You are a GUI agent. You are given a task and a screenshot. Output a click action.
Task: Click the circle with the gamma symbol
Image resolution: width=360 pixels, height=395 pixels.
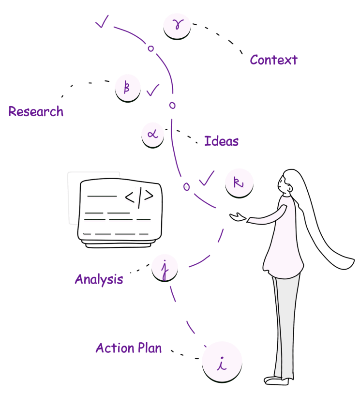pyautogui.click(x=177, y=26)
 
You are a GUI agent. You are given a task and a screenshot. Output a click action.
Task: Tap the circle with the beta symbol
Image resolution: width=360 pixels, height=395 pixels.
pyautogui.click(x=128, y=88)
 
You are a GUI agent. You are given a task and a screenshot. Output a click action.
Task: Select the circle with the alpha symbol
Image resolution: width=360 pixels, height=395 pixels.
pyautogui.click(x=153, y=134)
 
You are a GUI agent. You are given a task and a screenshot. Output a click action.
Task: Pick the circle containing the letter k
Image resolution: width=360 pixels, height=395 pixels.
pyautogui.click(x=239, y=183)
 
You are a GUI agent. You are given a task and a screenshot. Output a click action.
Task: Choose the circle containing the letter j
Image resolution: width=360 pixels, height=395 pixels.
pyautogui.click(x=165, y=267)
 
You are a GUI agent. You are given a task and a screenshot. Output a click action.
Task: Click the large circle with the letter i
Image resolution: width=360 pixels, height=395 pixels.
pyautogui.click(x=222, y=362)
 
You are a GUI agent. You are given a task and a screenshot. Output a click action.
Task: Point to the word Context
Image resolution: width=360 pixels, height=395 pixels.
pyautogui.click(x=273, y=60)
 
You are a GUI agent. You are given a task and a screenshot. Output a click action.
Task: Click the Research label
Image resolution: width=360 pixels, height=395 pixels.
pyautogui.click(x=36, y=111)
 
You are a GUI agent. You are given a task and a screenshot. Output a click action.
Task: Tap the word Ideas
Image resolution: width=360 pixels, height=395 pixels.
pyautogui.click(x=221, y=141)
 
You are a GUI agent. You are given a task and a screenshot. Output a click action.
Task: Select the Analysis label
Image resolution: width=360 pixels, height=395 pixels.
pyautogui.click(x=99, y=279)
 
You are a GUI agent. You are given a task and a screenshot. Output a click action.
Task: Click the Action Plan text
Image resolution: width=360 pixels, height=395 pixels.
pyautogui.click(x=129, y=348)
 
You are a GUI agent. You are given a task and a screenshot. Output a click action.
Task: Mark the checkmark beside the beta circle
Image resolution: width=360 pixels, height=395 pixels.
pyautogui.click(x=153, y=90)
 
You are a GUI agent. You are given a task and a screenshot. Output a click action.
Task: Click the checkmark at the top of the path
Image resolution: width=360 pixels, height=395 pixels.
pyautogui.click(x=102, y=22)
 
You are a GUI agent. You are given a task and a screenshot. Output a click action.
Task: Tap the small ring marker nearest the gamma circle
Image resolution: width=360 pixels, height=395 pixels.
pyautogui.click(x=150, y=48)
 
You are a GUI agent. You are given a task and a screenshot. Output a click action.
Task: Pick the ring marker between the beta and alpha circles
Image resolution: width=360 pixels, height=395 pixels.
pyautogui.click(x=172, y=105)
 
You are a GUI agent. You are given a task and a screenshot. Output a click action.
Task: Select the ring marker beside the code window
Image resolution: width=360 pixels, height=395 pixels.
pyautogui.click(x=186, y=186)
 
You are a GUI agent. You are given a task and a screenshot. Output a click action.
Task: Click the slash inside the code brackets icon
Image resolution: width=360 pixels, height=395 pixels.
pyautogui.click(x=139, y=197)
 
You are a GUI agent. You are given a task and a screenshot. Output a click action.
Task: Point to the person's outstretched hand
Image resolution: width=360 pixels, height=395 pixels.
pyautogui.click(x=253, y=220)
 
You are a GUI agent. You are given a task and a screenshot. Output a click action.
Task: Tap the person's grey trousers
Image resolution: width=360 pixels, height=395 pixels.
pyautogui.click(x=285, y=324)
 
